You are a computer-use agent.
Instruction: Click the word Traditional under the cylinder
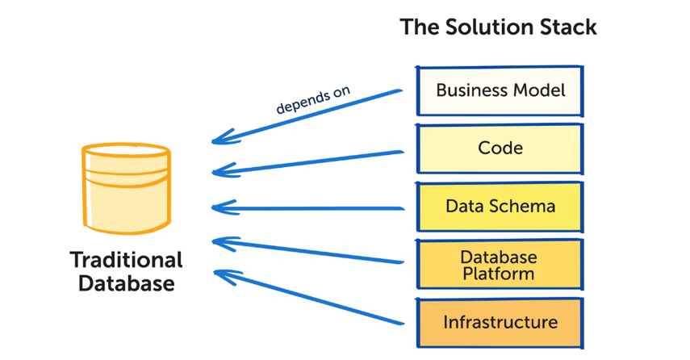(126, 260)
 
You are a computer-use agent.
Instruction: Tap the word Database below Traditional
(126, 284)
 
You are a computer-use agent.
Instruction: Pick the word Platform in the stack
(499, 274)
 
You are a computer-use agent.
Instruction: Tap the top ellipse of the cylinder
(126, 153)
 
